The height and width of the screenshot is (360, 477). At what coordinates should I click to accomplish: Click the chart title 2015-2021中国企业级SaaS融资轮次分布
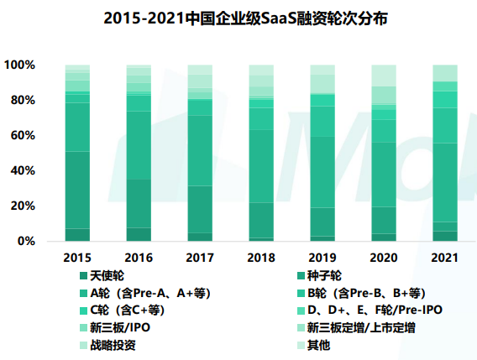[x=238, y=18]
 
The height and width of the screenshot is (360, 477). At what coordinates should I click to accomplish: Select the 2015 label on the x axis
[x=77, y=257]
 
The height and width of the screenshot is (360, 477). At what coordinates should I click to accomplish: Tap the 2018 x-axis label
[x=260, y=257]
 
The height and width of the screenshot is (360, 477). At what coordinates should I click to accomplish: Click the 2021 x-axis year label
[x=444, y=257]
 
